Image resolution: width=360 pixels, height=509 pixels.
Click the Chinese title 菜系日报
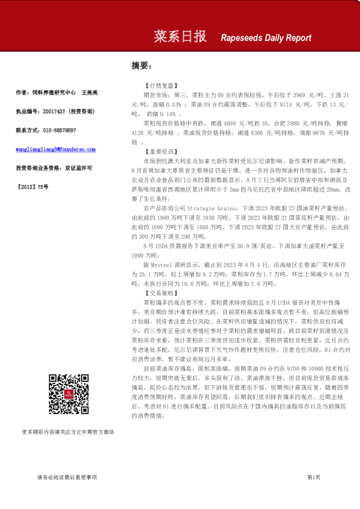pyautogui.click(x=180, y=36)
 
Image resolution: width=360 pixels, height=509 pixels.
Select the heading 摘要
pyautogui.click(x=141, y=65)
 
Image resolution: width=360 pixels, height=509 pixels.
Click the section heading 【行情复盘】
pyautogui.click(x=159, y=86)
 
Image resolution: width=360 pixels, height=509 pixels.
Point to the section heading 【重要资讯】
pyautogui.click(x=159, y=152)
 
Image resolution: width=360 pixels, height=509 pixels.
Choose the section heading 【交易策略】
pyautogui.click(x=159, y=293)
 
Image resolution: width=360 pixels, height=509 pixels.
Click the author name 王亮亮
pyautogui.click(x=90, y=92)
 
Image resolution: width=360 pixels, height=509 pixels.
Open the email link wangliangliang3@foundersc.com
pyautogui.click(x=56, y=149)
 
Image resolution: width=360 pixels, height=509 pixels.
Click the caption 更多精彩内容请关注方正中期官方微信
pyautogui.click(x=68, y=432)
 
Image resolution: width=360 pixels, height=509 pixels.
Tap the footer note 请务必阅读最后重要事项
pyautogui.click(x=67, y=478)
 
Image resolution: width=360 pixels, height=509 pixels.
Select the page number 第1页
pyautogui.click(x=313, y=478)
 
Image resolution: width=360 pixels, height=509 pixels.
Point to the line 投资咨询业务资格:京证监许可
pyautogui.click(x=54, y=167)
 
